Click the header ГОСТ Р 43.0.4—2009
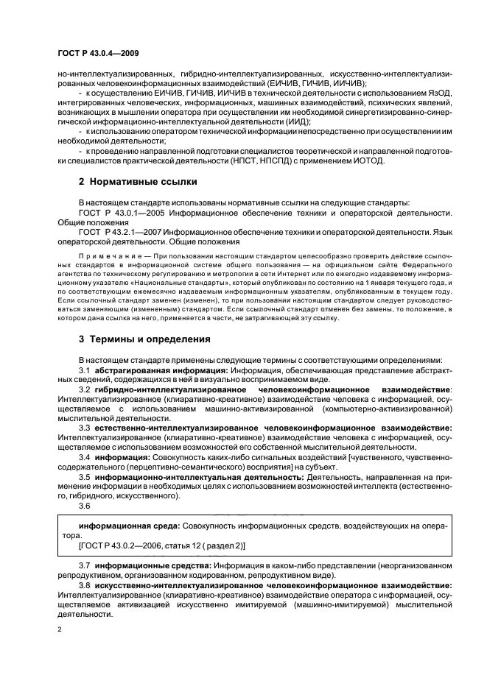tap(99, 54)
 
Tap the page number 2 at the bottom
tap(60, 630)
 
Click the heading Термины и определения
tap(146, 339)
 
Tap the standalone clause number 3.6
tap(85, 506)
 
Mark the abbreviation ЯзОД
tap(436, 92)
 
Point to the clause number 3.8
tap(85, 584)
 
